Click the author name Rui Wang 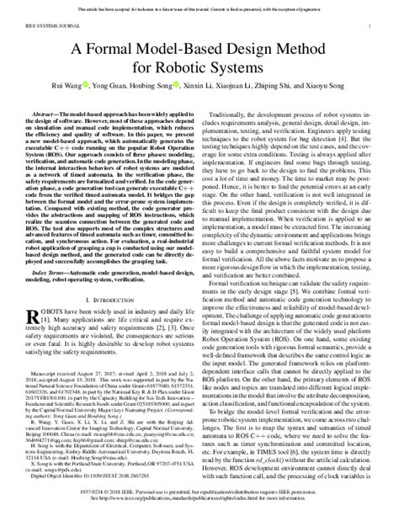[x=87, y=91]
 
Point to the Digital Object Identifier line [x=82, y=492]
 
